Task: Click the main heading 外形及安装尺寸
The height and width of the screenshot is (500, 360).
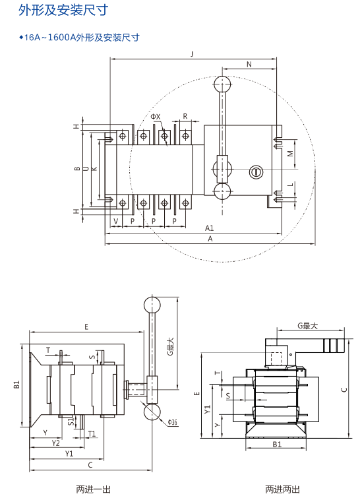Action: pos(63,10)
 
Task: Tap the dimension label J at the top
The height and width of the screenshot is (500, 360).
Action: pos(193,53)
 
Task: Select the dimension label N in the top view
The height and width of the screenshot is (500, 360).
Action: pos(249,64)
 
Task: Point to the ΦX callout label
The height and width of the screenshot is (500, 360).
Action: pos(156,117)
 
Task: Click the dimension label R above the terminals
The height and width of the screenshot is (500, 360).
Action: pos(185,116)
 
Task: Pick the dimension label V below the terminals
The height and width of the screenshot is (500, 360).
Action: pos(116,221)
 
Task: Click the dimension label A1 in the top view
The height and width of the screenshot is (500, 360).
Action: pos(209,228)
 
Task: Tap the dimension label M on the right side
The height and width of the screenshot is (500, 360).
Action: pos(290,154)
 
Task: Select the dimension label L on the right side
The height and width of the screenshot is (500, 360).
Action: pos(290,185)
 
